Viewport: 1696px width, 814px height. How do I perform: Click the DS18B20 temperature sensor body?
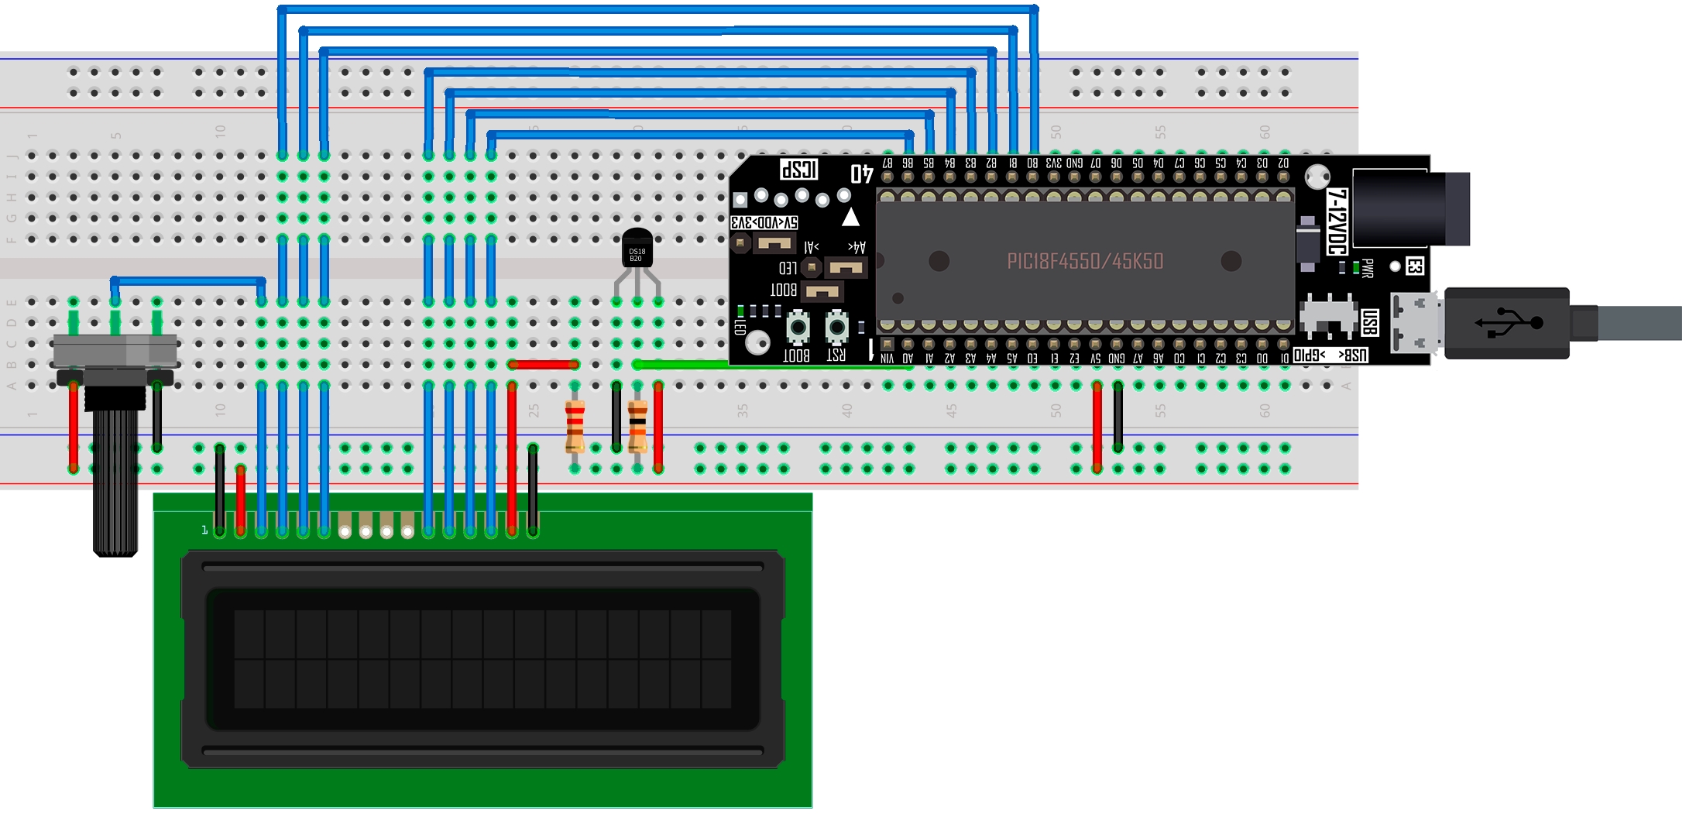(x=637, y=249)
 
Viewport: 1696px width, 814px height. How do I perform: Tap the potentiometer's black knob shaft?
(x=115, y=480)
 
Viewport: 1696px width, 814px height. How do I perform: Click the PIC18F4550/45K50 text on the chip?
(x=1084, y=262)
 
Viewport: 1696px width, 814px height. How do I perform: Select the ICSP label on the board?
(x=798, y=170)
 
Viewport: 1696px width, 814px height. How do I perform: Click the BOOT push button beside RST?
(x=797, y=328)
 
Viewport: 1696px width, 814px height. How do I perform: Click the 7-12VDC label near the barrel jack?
(x=1337, y=222)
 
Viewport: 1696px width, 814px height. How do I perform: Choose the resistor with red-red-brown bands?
(x=575, y=426)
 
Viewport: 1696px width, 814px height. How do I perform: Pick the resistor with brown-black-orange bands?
(x=637, y=426)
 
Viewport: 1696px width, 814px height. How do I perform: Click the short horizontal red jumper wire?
(x=544, y=364)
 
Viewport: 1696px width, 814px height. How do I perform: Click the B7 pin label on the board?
(x=887, y=163)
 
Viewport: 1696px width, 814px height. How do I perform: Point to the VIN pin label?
(x=887, y=359)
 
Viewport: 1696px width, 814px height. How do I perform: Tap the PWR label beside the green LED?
(x=1368, y=268)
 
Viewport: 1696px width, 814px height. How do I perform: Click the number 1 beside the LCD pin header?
(x=204, y=530)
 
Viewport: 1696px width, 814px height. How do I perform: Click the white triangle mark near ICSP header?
(x=850, y=217)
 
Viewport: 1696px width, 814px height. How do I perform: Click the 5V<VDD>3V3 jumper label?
(x=764, y=223)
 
